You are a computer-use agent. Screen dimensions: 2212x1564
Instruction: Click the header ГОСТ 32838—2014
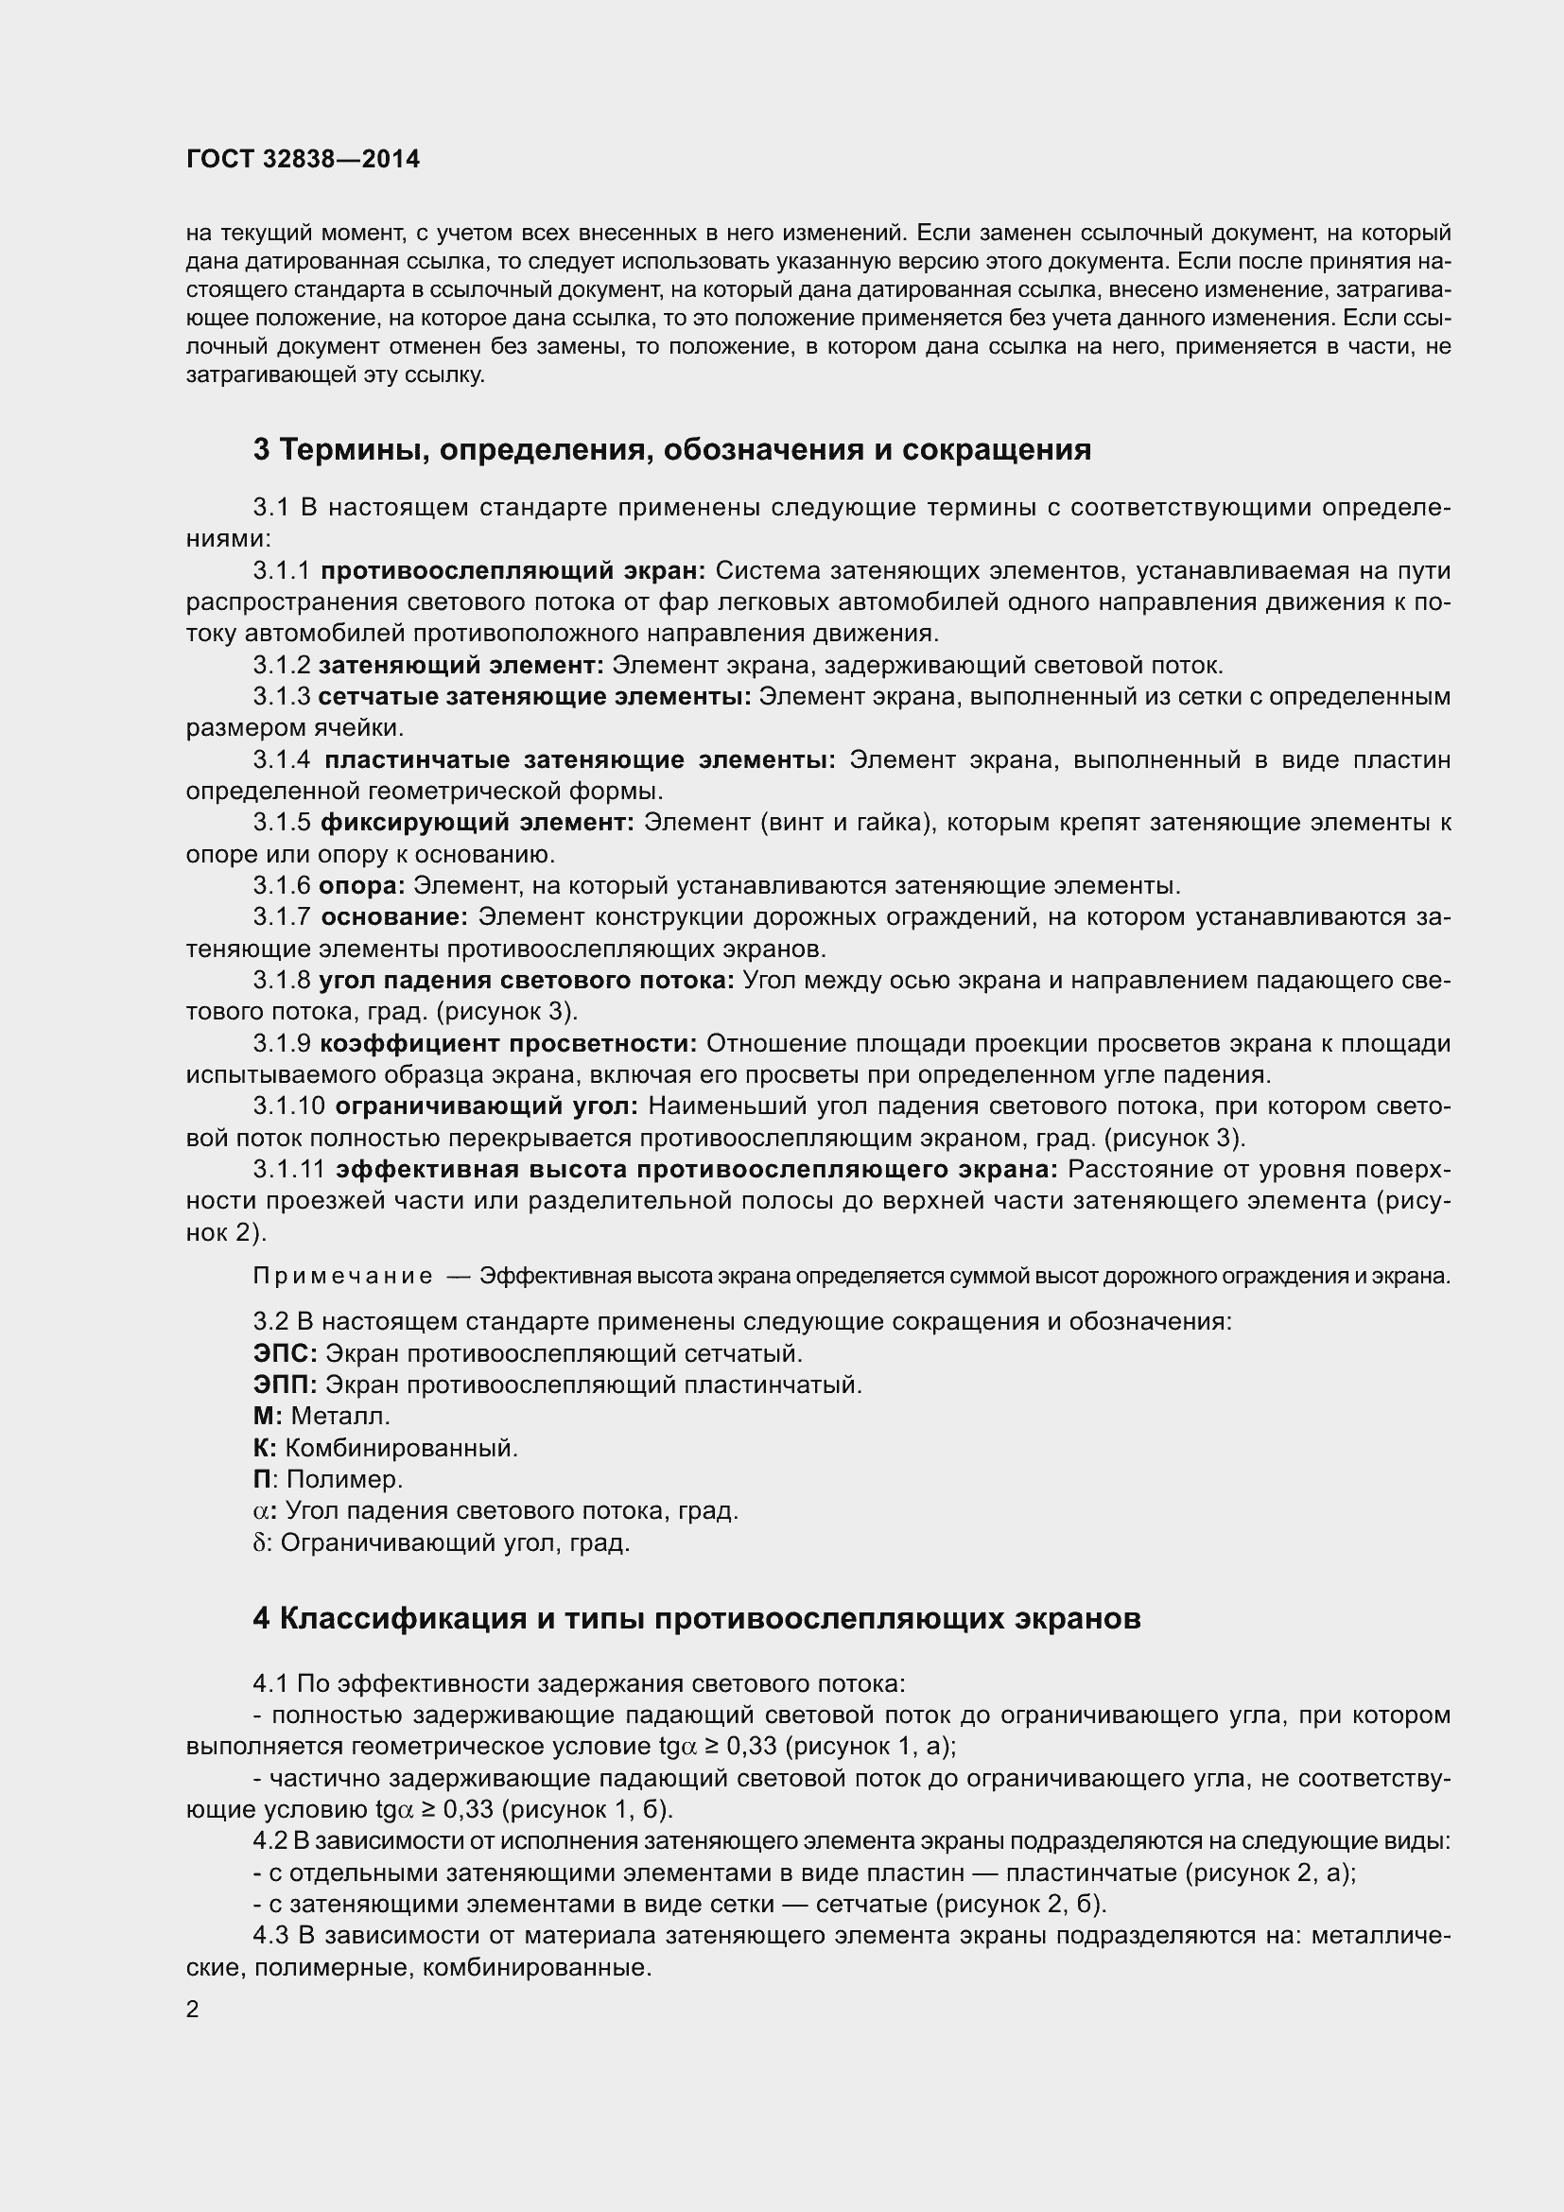pyautogui.click(x=303, y=159)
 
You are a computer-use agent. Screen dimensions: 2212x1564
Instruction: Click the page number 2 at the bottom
pyautogui.click(x=192, y=2010)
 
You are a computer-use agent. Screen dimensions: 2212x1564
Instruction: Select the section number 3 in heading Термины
pyautogui.click(x=262, y=450)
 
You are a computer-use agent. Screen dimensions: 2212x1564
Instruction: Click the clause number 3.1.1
pyautogui.click(x=281, y=571)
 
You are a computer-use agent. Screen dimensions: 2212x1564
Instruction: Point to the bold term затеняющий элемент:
pyautogui.click(x=461, y=666)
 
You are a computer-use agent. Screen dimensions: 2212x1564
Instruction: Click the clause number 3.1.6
pyautogui.click(x=281, y=885)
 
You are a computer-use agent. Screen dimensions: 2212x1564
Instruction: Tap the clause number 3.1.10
pyautogui.click(x=289, y=1106)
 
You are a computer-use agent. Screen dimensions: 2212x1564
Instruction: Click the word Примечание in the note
pyautogui.click(x=342, y=1277)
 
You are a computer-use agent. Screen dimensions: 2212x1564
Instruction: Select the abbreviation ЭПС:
pyautogui.click(x=285, y=1353)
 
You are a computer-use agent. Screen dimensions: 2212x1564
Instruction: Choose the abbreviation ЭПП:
pyautogui.click(x=285, y=1385)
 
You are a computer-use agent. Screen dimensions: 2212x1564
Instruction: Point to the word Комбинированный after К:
pyautogui.click(x=402, y=1448)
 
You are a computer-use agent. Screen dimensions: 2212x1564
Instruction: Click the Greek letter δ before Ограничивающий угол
pyautogui.click(x=258, y=1542)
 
